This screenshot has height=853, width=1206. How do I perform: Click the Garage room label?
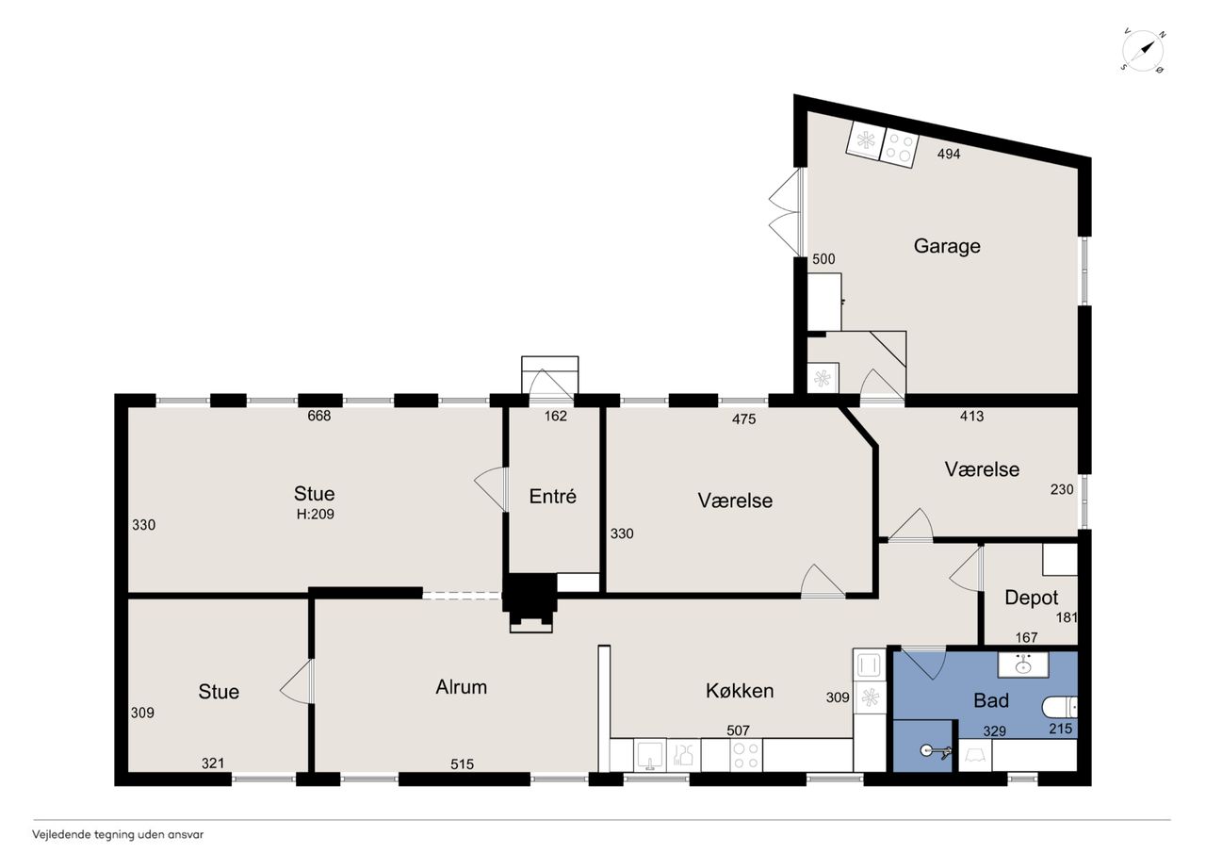pyautogui.click(x=947, y=246)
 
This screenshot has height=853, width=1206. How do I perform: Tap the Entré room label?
pyautogui.click(x=552, y=496)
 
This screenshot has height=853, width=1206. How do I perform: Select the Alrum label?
pyautogui.click(x=462, y=687)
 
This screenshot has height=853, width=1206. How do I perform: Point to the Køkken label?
pyautogui.click(x=740, y=691)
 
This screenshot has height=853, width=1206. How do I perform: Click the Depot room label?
pyautogui.click(x=1031, y=598)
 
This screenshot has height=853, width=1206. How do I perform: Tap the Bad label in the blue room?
pyautogui.click(x=991, y=700)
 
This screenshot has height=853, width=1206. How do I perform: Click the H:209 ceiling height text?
pyautogui.click(x=315, y=515)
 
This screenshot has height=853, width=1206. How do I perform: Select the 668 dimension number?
pyautogui.click(x=318, y=416)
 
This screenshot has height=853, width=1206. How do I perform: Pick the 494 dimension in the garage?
pyautogui.click(x=949, y=154)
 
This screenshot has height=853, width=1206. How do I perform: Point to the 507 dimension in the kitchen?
pyautogui.click(x=738, y=730)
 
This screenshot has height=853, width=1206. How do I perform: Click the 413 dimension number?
pyautogui.click(x=971, y=417)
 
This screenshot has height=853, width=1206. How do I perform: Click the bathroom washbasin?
pyautogui.click(x=1023, y=665)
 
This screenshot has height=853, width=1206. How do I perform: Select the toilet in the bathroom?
pyautogui.click(x=1060, y=707)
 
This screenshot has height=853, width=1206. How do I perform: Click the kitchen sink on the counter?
pyautogui.click(x=650, y=755)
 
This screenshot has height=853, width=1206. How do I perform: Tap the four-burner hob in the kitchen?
pyautogui.click(x=746, y=755)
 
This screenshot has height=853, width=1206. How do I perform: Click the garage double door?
pyautogui.click(x=786, y=212)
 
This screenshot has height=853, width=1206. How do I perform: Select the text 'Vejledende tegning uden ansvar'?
pyautogui.click(x=118, y=835)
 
